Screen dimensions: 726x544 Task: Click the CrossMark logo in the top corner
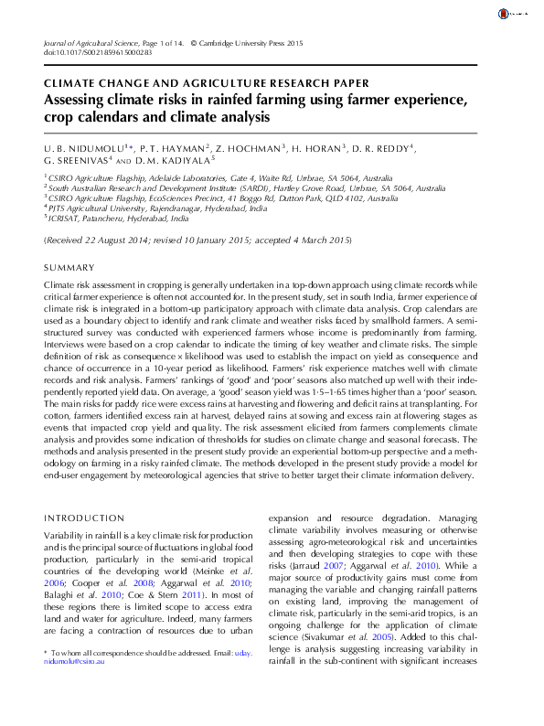(x=505, y=15)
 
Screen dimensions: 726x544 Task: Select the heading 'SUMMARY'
(x=69, y=267)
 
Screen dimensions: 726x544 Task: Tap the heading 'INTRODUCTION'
(x=85, y=518)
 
